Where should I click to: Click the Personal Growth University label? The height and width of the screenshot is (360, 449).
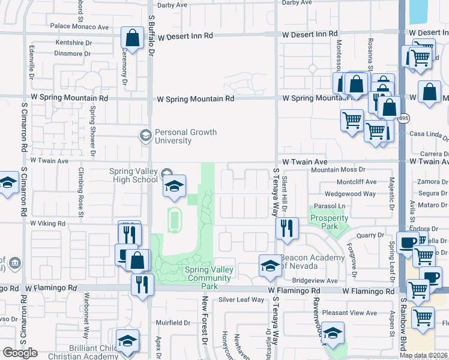tap(185, 136)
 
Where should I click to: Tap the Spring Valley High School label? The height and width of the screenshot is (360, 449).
tap(133, 175)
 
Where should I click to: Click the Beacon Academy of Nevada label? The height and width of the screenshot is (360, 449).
tap(312, 262)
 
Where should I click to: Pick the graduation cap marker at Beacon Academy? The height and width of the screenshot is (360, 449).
tap(270, 265)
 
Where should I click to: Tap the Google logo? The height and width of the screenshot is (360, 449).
tap(20, 353)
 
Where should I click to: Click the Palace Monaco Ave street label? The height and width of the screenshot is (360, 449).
tap(79, 26)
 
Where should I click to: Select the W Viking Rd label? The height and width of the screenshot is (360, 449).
tap(47, 223)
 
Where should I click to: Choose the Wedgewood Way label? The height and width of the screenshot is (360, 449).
tap(350, 194)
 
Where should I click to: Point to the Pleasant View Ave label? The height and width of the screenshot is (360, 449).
tap(349, 313)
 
